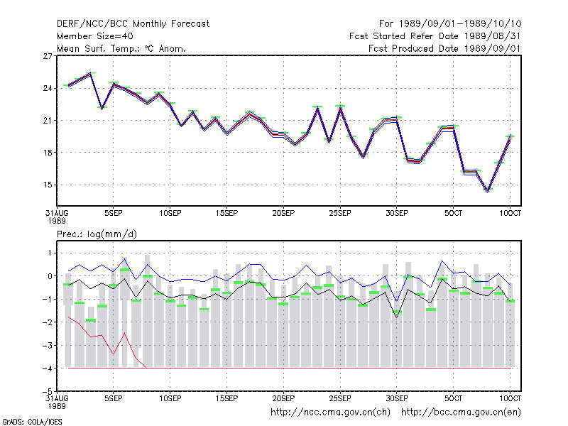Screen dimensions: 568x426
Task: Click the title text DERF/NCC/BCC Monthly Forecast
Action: (133, 24)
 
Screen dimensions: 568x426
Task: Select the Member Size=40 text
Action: (95, 36)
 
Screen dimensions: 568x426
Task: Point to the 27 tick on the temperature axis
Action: (48, 56)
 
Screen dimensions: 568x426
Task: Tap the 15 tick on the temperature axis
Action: (48, 185)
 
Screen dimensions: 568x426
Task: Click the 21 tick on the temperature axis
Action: (48, 120)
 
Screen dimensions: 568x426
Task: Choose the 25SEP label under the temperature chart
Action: (340, 213)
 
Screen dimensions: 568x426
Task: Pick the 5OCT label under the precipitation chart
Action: (453, 398)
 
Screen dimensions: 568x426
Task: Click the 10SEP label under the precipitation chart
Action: (170, 398)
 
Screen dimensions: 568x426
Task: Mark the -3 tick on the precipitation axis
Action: (48, 345)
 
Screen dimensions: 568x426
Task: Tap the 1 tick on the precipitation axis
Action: (50, 253)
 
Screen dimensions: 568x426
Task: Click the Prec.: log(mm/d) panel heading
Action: (97, 234)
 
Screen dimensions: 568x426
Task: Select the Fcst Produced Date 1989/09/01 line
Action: (444, 48)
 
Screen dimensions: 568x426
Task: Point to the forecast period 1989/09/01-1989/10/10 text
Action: (460, 24)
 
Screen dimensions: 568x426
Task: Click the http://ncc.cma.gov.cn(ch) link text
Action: (330, 413)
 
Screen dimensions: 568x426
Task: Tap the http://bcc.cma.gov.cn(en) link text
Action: (461, 413)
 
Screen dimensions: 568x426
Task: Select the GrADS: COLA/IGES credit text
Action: (33, 422)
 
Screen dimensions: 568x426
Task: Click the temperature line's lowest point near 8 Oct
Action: (488, 191)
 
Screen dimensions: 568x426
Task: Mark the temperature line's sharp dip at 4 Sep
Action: (102, 108)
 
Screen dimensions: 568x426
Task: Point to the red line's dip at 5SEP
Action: (114, 354)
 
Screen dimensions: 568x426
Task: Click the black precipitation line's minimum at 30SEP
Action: (397, 318)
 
